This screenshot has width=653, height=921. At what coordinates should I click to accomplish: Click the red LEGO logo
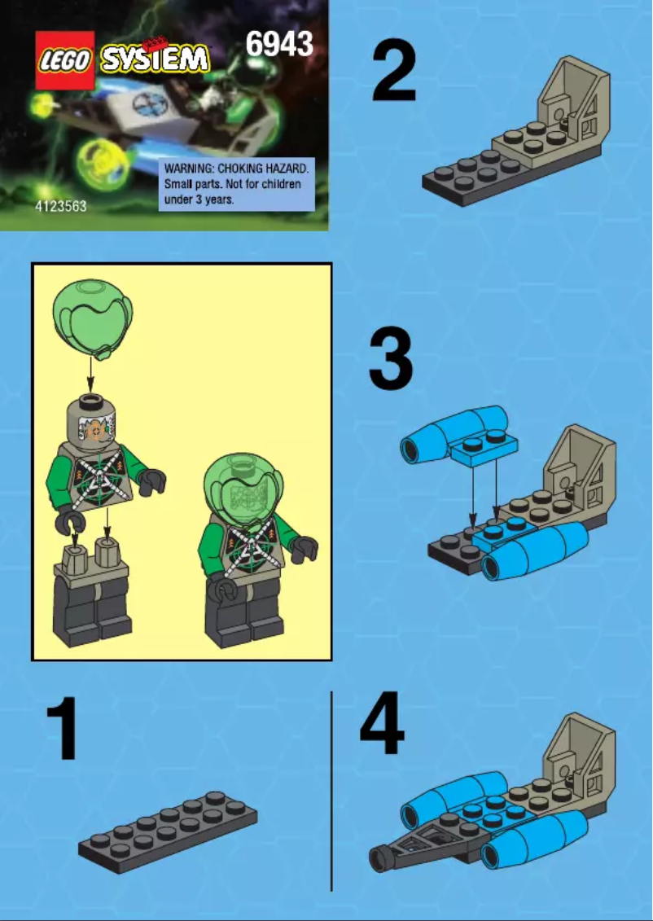click(65, 60)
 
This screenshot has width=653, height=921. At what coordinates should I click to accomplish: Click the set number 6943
click(279, 44)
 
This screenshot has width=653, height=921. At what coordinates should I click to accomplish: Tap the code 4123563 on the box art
click(61, 207)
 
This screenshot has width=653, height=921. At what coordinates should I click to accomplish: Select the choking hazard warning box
click(235, 186)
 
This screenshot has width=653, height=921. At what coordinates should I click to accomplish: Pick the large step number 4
click(383, 725)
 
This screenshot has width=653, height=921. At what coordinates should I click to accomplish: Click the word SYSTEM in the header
click(155, 60)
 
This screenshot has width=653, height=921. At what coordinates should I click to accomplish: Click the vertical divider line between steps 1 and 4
click(331, 790)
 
